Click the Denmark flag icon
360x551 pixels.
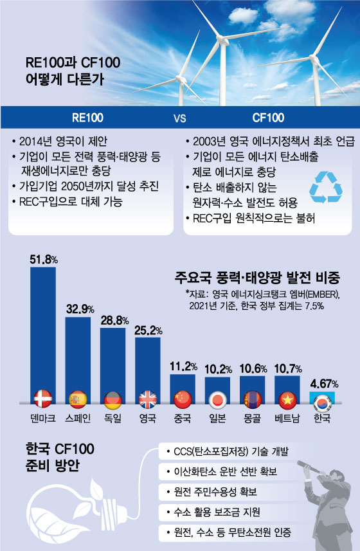pos(44,399)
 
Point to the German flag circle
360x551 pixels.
pos(113,399)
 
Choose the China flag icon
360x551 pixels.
pos(183,399)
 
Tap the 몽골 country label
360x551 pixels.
pos(253,419)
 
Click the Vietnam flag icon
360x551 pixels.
pos(287,399)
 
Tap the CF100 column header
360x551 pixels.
pos(267,119)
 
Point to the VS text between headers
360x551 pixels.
pos(179,119)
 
